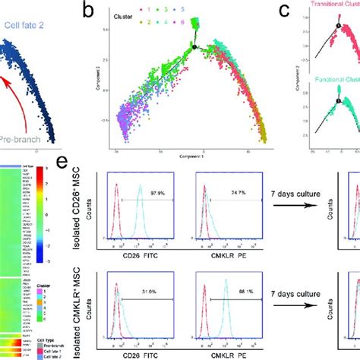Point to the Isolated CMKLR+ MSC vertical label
[x=91, y=300]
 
